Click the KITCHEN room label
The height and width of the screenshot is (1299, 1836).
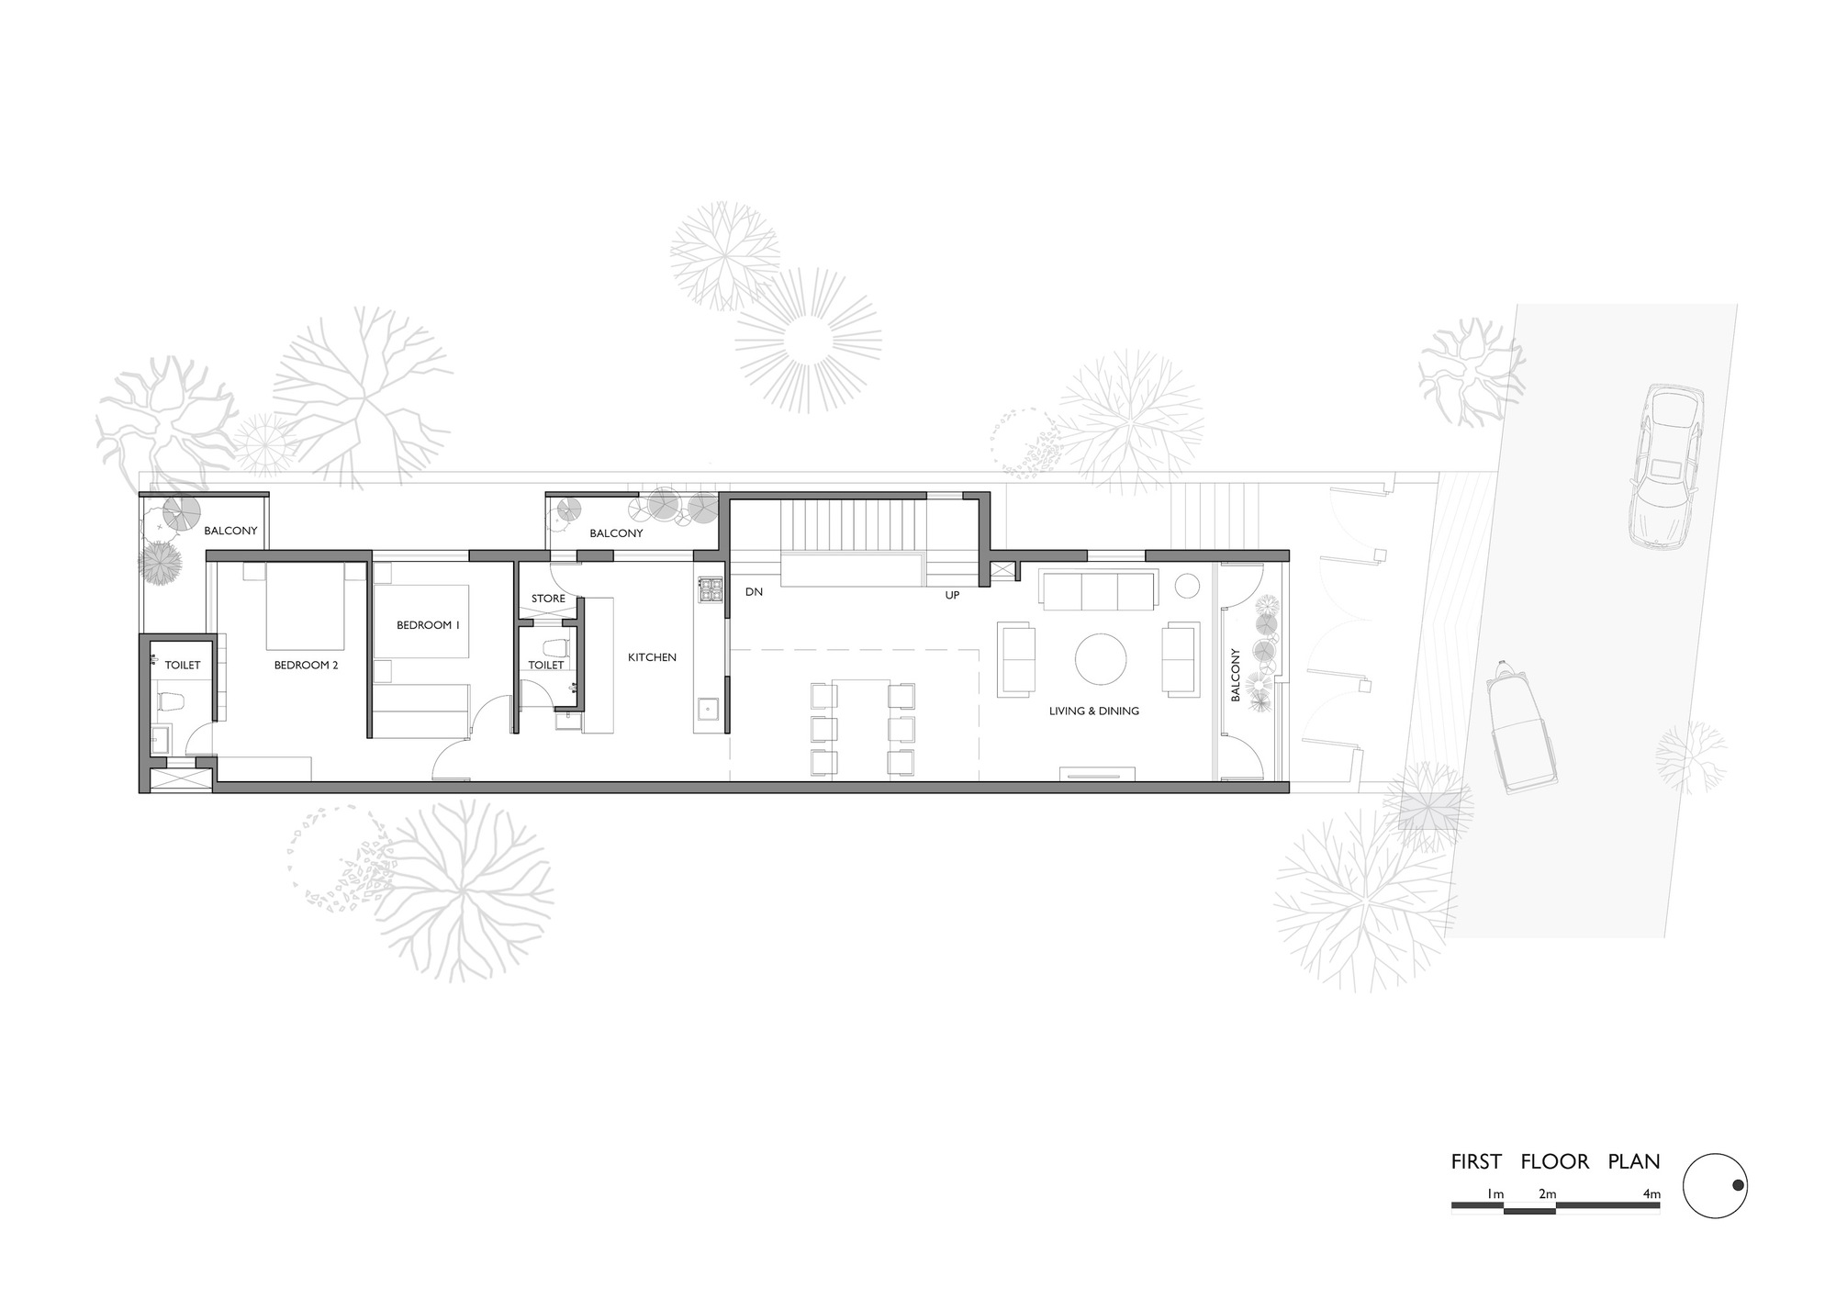pyautogui.click(x=652, y=657)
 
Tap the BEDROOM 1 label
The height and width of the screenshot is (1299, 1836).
pyautogui.click(x=428, y=625)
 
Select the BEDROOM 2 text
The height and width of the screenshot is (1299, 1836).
pyautogui.click(x=306, y=665)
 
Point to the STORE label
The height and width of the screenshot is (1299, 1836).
pyautogui.click(x=548, y=599)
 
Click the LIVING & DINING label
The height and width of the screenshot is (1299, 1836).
pyautogui.click(x=1093, y=711)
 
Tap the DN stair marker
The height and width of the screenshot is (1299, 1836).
pyautogui.click(x=754, y=592)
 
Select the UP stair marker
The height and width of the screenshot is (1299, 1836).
pyautogui.click(x=952, y=595)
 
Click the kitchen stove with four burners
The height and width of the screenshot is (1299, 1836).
pyautogui.click(x=711, y=588)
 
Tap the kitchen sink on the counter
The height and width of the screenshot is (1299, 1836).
pyautogui.click(x=708, y=709)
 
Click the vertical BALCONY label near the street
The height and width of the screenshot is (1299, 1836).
pyautogui.click(x=1236, y=675)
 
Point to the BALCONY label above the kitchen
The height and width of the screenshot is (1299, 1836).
pyautogui.click(x=616, y=532)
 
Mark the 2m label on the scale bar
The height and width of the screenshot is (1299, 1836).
pyautogui.click(x=1547, y=1194)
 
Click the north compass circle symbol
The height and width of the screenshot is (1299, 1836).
pyautogui.click(x=1715, y=1186)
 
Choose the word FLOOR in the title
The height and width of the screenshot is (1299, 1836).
pyautogui.click(x=1554, y=1161)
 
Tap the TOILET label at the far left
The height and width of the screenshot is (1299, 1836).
pyautogui.click(x=182, y=665)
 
